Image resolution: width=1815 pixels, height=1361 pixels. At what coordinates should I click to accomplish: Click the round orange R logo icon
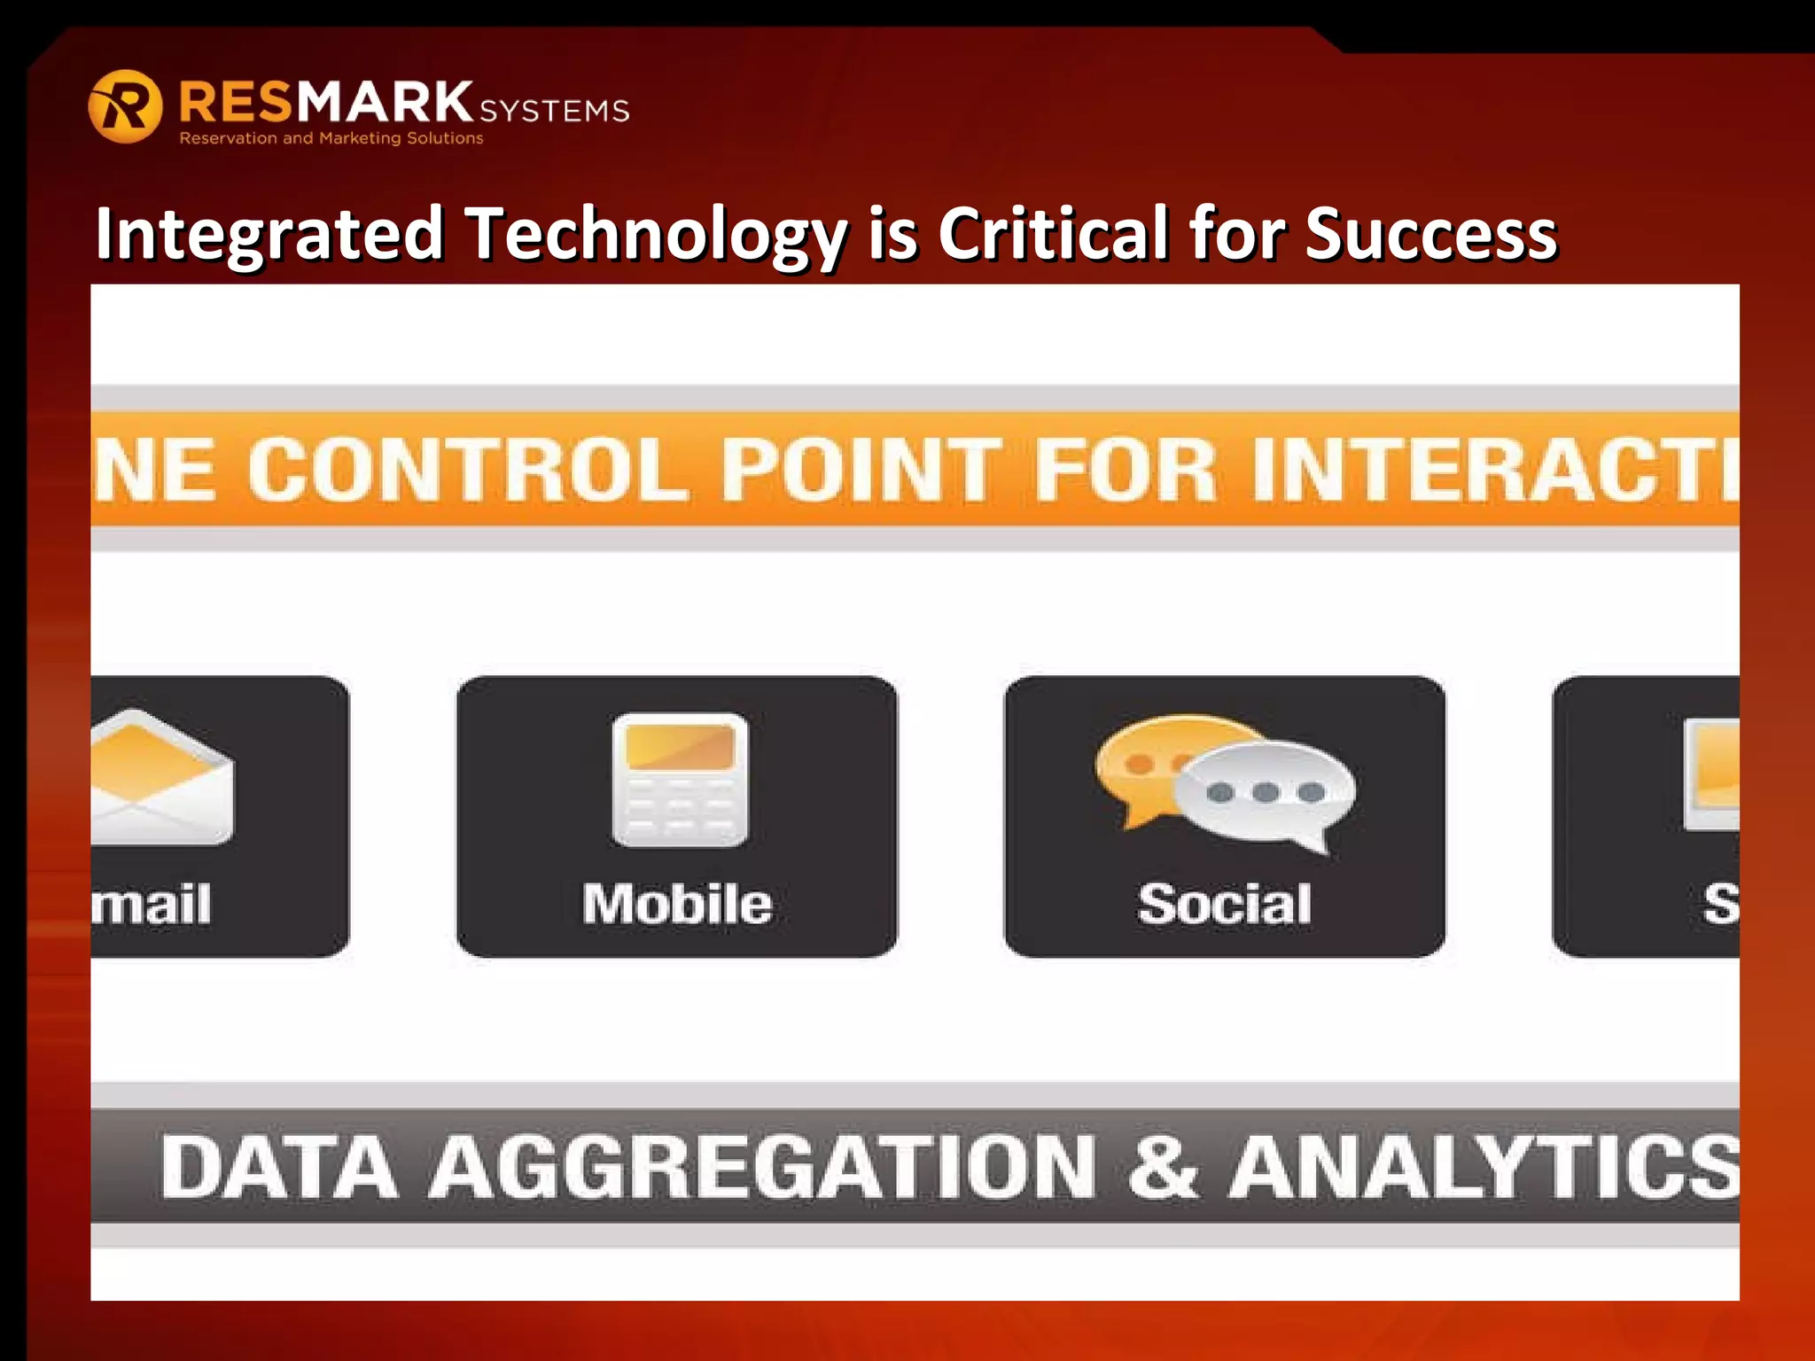(125, 106)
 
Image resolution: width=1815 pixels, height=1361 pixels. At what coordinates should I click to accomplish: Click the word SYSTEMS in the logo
(555, 111)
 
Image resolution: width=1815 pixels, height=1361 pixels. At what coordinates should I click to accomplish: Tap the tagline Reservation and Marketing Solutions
(331, 138)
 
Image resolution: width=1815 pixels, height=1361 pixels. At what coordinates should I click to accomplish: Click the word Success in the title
(1430, 234)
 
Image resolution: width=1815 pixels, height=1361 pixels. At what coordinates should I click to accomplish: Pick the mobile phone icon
(680, 780)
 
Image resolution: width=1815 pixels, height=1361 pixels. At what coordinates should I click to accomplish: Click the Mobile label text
(677, 905)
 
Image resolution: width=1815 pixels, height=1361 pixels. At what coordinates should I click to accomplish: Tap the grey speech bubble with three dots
(1266, 793)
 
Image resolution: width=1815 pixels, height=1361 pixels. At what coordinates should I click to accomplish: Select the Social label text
(1224, 905)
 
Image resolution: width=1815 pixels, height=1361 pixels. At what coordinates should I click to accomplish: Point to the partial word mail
(152, 905)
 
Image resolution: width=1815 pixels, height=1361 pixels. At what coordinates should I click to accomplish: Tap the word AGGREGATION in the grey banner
(762, 1168)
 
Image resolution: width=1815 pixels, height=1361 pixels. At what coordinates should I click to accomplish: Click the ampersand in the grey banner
(1163, 1168)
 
